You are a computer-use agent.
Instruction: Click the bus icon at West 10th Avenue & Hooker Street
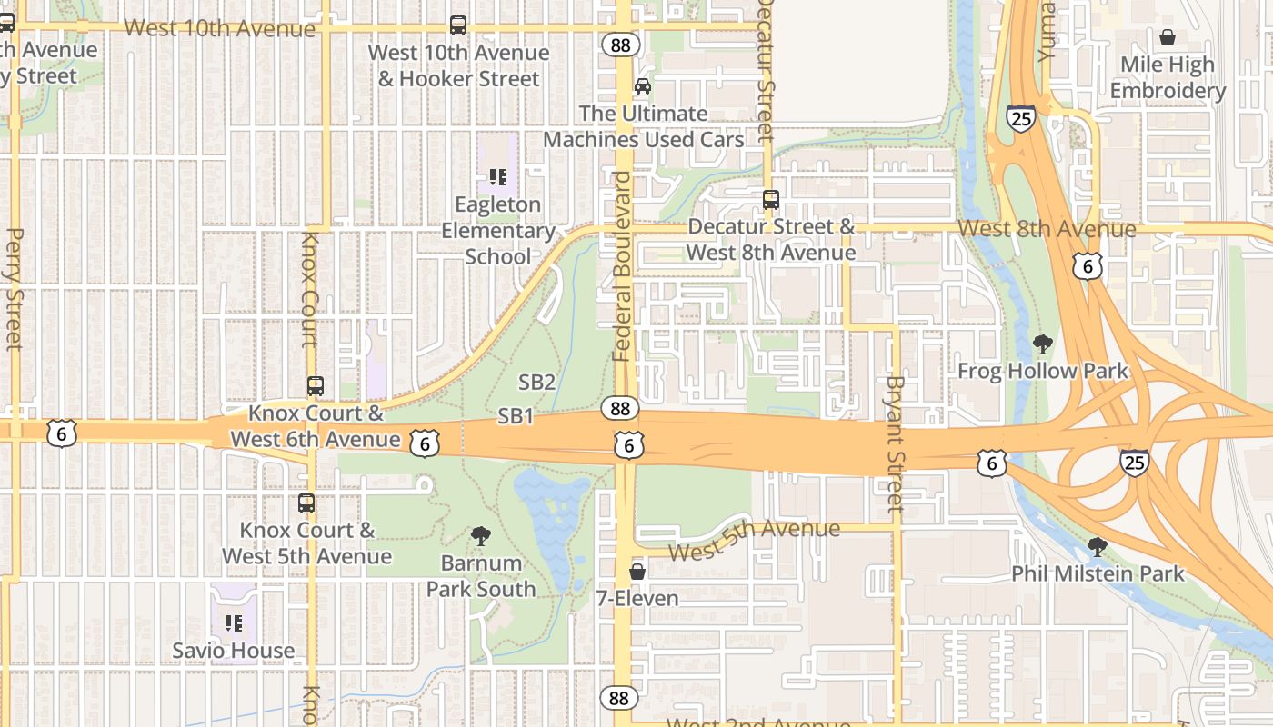[x=458, y=25]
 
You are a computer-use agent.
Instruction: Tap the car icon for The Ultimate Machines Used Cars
[x=643, y=86]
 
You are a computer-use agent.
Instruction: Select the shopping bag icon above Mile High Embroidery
[x=1168, y=37]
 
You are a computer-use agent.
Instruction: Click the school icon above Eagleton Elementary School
[x=497, y=176]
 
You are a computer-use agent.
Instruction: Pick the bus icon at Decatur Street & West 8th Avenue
[x=771, y=199]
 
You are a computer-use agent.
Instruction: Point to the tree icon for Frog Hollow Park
[x=1042, y=344]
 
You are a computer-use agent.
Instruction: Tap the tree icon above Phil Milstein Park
[x=1098, y=547]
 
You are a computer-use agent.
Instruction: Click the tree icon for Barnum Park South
[x=481, y=536]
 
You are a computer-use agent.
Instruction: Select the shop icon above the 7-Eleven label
[x=637, y=572]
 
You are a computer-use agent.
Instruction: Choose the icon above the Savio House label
[x=234, y=623]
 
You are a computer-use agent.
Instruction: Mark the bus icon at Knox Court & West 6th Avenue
[x=316, y=386]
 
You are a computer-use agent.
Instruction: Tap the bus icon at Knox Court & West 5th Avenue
[x=306, y=503]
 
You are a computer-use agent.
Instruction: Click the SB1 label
[x=515, y=416]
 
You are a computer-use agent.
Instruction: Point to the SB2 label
[x=536, y=382]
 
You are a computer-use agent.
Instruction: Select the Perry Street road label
[x=14, y=289]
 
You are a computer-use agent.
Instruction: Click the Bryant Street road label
[x=895, y=443]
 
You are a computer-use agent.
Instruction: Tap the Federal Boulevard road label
[x=622, y=265]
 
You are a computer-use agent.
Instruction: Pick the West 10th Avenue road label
[x=219, y=27]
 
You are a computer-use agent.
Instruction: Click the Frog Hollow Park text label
[x=1042, y=371]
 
